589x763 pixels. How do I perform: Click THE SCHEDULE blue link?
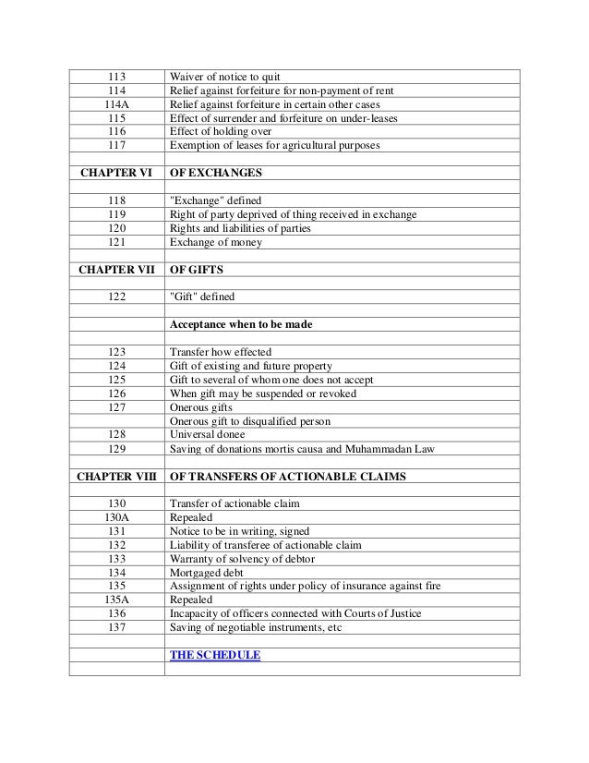[215, 655]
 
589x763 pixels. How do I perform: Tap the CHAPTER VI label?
[115, 173]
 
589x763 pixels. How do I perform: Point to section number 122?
[116, 297]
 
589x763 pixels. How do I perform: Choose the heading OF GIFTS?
[199, 270]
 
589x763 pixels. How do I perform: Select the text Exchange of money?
[216, 242]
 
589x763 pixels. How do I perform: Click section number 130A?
[116, 517]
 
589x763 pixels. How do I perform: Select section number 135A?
[116, 600]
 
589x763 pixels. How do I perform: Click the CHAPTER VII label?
[115, 270]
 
